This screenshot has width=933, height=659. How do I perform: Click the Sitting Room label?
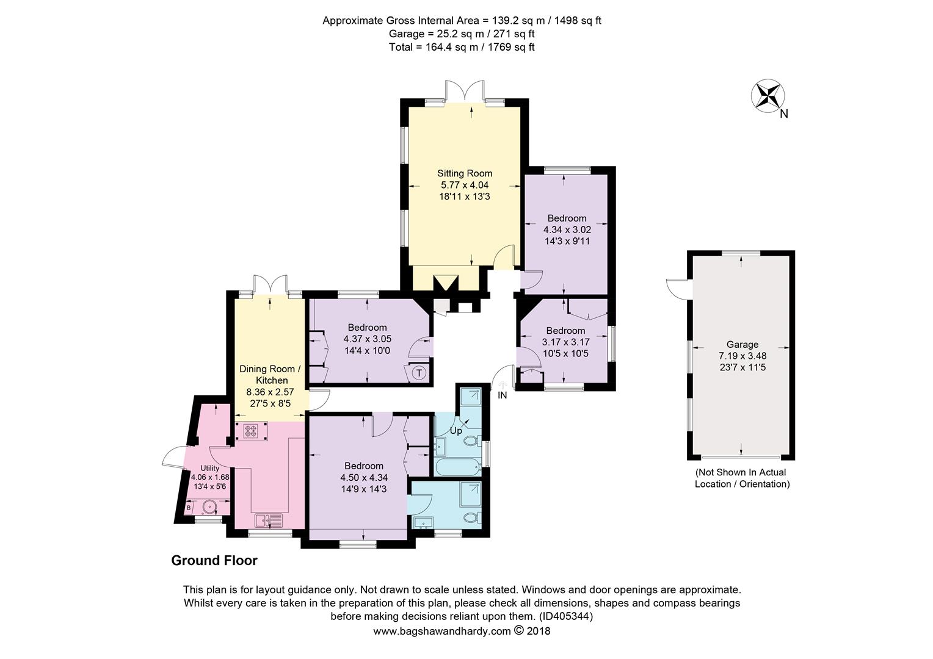[x=464, y=173]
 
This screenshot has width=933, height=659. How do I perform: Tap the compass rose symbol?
[x=768, y=96]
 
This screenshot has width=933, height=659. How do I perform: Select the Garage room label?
[x=742, y=344]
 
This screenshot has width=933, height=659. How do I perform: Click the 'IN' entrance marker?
[x=503, y=395]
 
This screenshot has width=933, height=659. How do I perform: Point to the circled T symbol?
[x=419, y=373]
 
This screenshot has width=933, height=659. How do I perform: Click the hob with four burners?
[x=251, y=431]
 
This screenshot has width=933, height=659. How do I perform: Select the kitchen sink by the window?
[x=269, y=520]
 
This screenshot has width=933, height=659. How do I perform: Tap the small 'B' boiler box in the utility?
[x=189, y=507]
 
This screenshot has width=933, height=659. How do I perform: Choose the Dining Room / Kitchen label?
[x=270, y=375]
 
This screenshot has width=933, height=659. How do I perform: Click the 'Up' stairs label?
[x=456, y=431]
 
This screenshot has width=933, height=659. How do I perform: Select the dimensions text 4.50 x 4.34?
[x=363, y=478]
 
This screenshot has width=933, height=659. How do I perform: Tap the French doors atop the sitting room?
[x=464, y=92]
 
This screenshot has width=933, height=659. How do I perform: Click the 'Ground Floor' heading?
[x=214, y=560]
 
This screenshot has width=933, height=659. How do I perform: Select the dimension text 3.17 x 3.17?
[x=565, y=342]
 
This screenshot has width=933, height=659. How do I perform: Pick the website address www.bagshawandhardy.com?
[x=441, y=632]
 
